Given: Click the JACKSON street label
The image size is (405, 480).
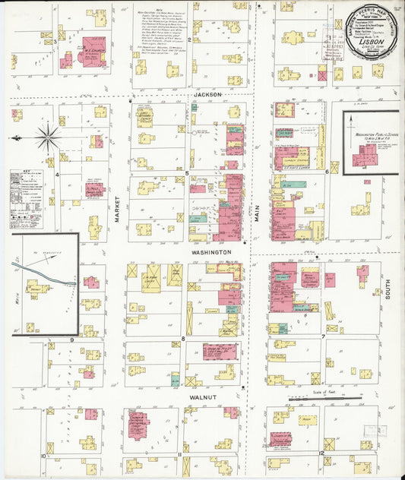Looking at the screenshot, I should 207,95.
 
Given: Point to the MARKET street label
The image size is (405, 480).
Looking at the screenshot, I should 119,207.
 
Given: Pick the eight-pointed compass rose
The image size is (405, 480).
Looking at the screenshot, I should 48,137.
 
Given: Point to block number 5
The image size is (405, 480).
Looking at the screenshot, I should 187,174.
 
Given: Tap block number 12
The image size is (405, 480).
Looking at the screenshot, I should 321,453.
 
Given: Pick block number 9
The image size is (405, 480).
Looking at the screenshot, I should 72,339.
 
